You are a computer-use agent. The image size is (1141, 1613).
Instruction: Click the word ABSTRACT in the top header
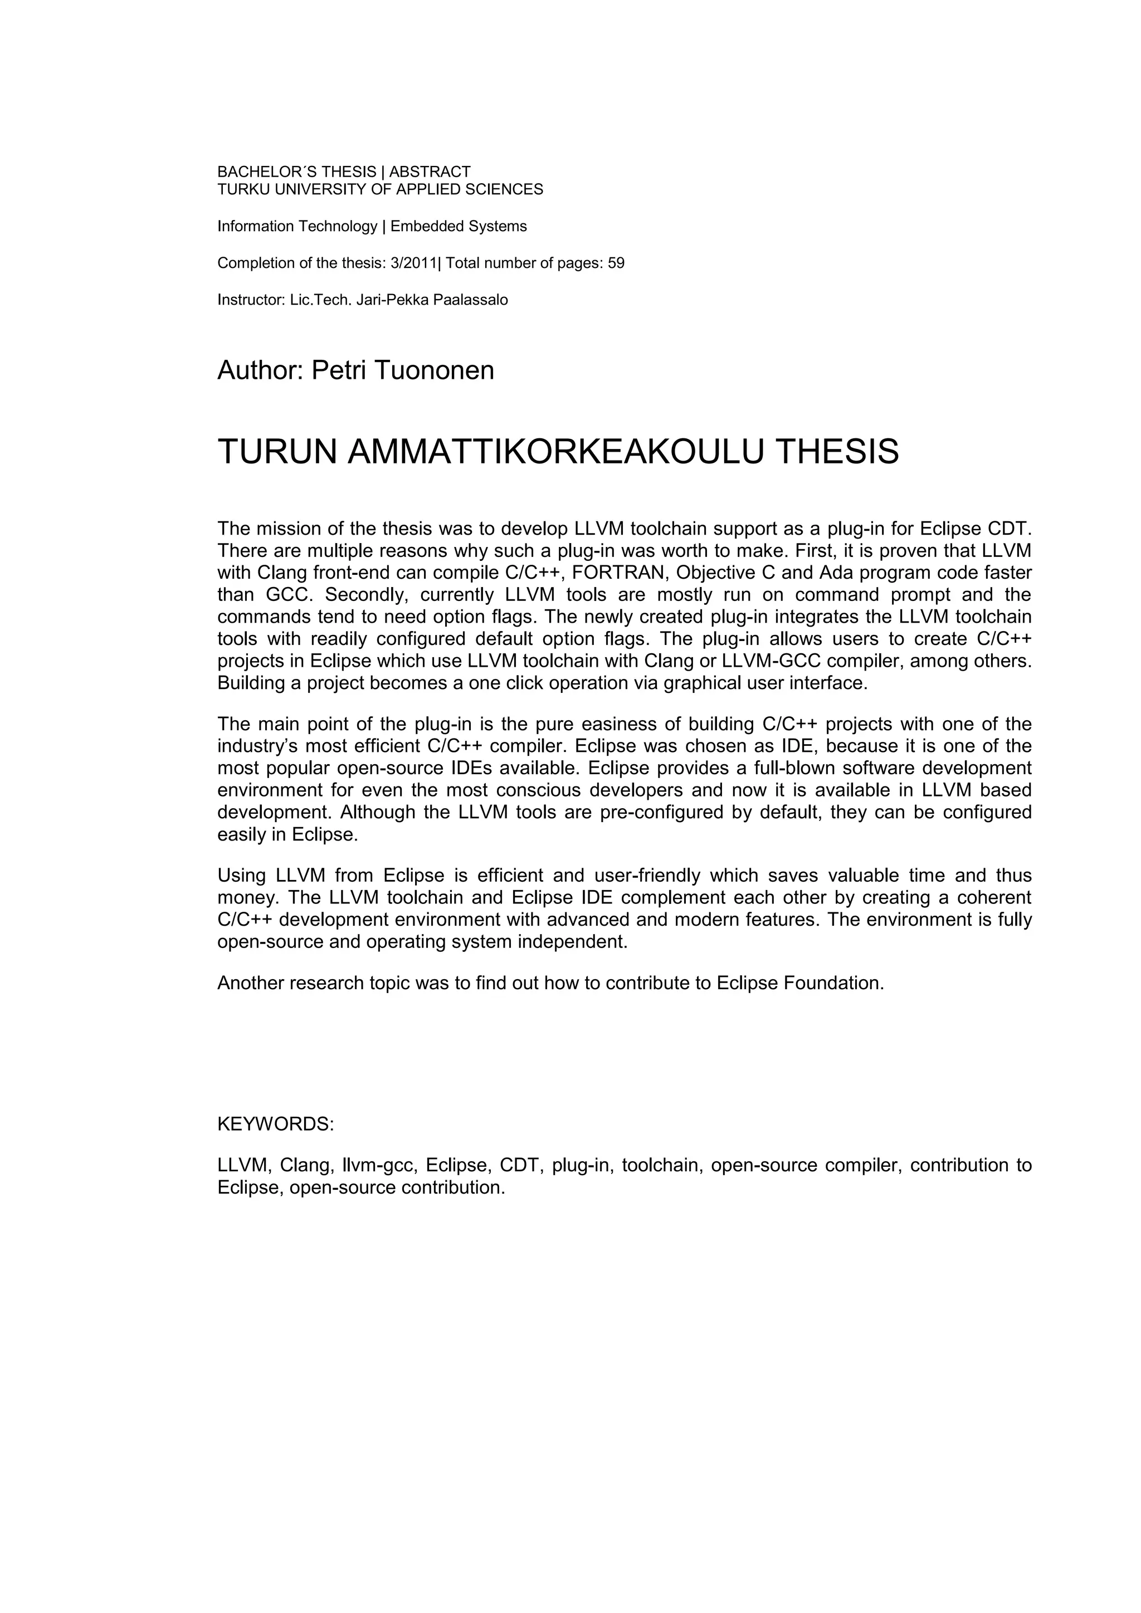(430, 172)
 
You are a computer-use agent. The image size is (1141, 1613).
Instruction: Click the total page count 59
(616, 263)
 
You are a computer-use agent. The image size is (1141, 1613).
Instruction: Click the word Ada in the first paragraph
(834, 573)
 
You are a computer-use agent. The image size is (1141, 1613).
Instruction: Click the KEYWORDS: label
(275, 1124)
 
